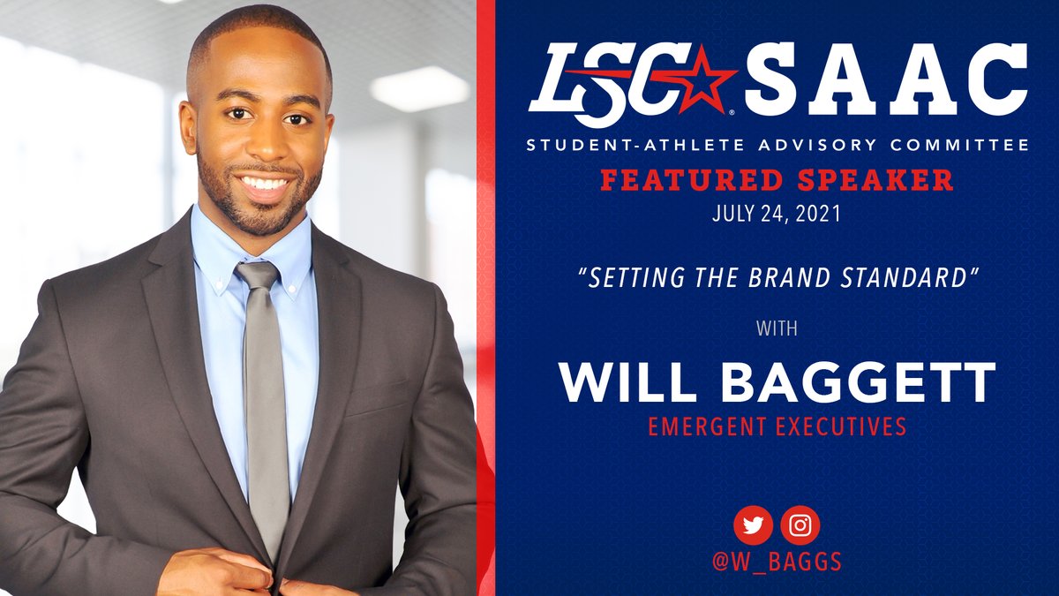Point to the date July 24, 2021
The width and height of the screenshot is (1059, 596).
tap(776, 213)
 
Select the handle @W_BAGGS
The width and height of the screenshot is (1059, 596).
tap(777, 562)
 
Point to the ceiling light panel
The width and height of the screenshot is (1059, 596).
tap(419, 88)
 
